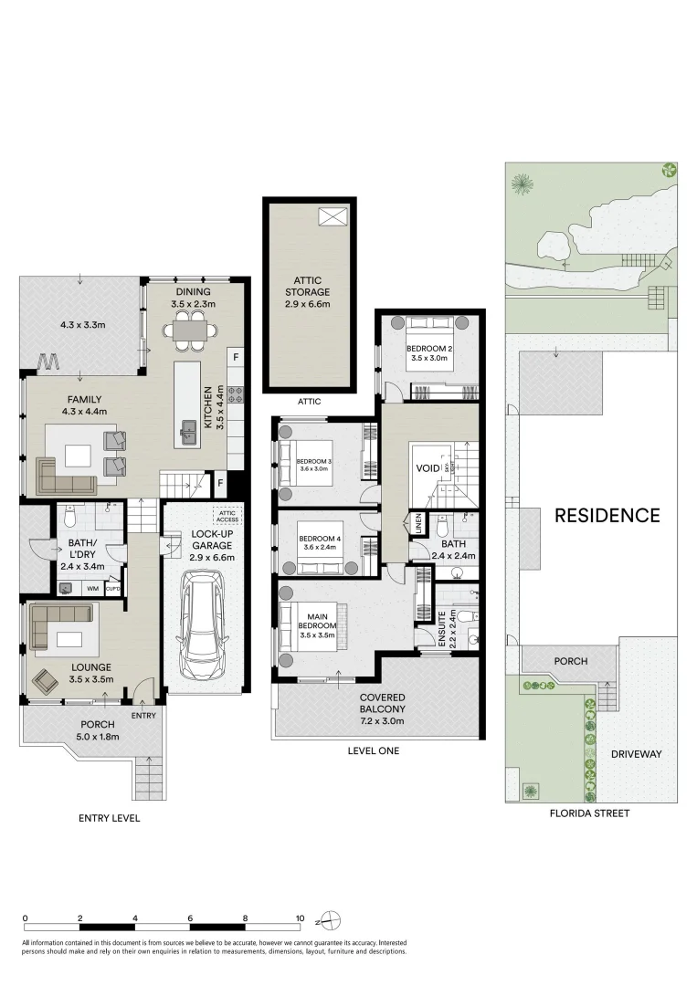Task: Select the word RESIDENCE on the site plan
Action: (x=607, y=515)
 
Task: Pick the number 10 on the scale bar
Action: (x=300, y=918)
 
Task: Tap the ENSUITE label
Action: (x=441, y=631)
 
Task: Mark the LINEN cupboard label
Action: (x=418, y=525)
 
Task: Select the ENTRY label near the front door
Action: (x=143, y=715)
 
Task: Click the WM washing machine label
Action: (x=92, y=589)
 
